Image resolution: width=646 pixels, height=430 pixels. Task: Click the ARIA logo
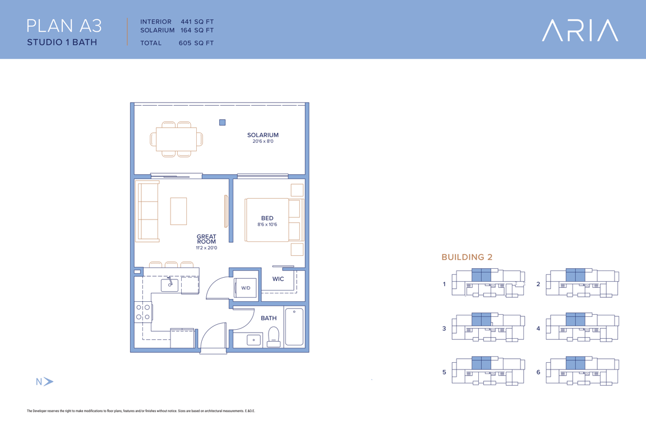[580, 30]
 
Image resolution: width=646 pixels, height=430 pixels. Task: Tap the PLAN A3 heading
[64, 26]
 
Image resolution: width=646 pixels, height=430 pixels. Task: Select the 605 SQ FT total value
[196, 43]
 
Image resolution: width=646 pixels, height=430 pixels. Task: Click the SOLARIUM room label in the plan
[263, 135]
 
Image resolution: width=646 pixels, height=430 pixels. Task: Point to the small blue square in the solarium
[223, 122]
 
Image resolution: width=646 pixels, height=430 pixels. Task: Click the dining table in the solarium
[176, 139]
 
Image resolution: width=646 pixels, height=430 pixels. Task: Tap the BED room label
[267, 218]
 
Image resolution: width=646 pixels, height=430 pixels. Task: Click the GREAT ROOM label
[206, 239]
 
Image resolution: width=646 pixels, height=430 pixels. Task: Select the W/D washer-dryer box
[246, 288]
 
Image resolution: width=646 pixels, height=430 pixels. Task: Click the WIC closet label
[278, 279]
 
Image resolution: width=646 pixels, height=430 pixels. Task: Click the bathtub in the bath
[294, 327]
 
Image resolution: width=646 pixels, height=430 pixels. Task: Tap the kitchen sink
[169, 284]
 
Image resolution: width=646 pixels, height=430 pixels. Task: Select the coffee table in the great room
[178, 211]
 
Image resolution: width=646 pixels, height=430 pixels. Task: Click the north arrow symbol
[48, 381]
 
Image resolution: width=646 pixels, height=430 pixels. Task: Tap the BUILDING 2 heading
[467, 257]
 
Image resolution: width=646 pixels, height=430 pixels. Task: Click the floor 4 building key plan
[582, 328]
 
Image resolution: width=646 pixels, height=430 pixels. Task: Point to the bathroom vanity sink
[253, 340]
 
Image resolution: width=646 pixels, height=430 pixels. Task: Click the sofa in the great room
[147, 211]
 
